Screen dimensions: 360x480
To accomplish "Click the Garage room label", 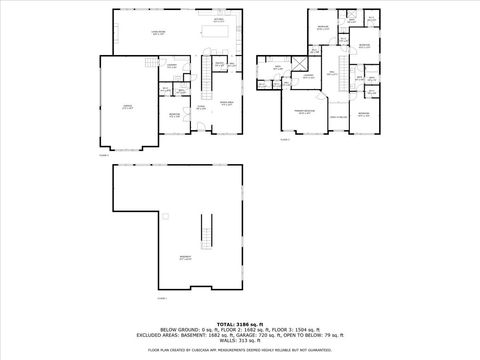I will tap(127, 107).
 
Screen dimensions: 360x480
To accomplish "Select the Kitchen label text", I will tap(218, 20).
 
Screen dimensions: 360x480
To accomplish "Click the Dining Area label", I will tap(226, 102).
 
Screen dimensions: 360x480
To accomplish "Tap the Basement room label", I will tap(185, 258).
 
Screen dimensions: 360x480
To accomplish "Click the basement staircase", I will tap(209, 232).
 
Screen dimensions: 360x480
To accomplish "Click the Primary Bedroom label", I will tap(305, 114).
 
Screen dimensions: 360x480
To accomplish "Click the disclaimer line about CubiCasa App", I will tap(239, 351).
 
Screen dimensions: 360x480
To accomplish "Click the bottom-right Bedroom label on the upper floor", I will tap(363, 115).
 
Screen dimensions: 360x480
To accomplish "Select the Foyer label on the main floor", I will tap(201, 106).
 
